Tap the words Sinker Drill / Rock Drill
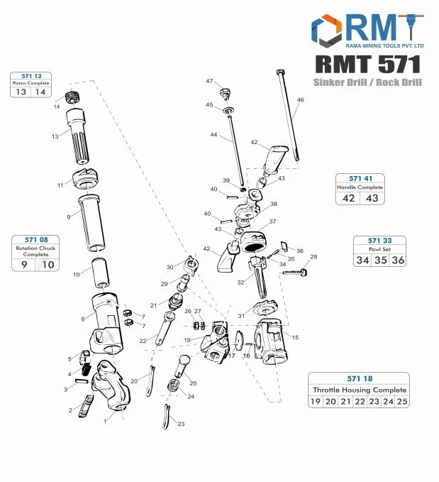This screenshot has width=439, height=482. (367, 83)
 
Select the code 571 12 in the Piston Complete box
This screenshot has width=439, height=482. (32, 75)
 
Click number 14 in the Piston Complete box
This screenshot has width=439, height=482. (40, 92)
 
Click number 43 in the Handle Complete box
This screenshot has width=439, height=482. (372, 198)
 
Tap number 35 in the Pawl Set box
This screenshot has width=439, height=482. (382, 261)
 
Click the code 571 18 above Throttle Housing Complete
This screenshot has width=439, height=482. (360, 378)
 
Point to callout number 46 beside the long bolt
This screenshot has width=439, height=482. (300, 100)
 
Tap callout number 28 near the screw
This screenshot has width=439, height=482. (313, 257)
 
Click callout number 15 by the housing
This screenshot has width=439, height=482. (295, 337)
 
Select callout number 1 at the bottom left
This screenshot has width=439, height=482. (105, 421)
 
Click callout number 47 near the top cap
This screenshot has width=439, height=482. (209, 82)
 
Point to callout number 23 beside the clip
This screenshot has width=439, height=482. (181, 424)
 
